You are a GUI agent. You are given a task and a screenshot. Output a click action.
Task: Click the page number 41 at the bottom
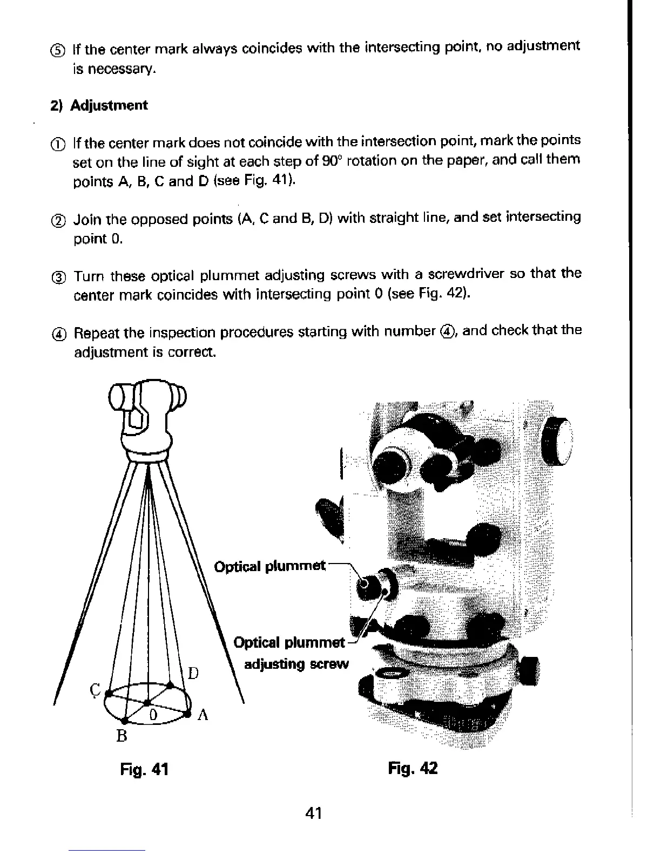click(313, 812)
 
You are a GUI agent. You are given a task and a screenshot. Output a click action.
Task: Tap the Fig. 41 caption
click(144, 769)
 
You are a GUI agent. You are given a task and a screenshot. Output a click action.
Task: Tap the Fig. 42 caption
click(413, 768)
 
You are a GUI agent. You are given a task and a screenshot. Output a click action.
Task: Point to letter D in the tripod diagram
click(193, 673)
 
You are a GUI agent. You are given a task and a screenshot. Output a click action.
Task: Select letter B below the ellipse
click(122, 735)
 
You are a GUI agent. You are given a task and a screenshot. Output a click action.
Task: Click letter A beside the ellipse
click(203, 715)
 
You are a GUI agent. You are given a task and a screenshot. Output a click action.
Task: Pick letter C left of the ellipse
click(95, 690)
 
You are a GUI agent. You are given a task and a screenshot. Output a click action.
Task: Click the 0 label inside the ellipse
click(153, 715)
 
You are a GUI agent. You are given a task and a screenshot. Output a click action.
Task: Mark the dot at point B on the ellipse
click(125, 721)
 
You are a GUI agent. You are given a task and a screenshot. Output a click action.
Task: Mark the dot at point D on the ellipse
click(170, 685)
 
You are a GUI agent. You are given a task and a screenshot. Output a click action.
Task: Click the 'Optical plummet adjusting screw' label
click(292, 653)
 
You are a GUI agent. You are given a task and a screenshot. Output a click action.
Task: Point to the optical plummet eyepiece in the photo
click(366, 583)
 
